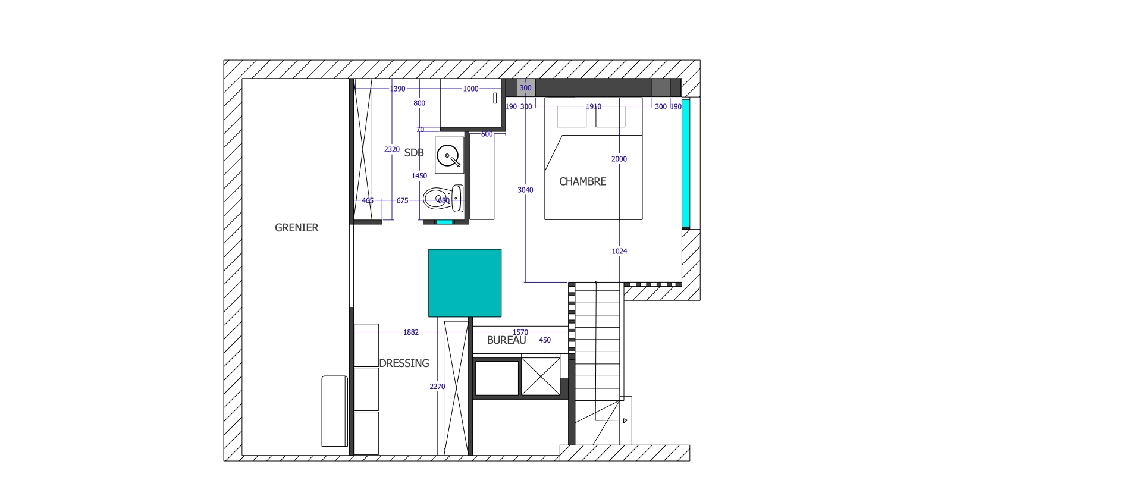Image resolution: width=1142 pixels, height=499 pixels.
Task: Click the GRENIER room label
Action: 296,228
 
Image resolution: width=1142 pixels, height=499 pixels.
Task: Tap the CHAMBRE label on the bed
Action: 582,182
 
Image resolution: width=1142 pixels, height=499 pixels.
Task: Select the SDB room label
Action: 414,153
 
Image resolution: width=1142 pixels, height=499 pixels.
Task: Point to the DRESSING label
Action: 404,363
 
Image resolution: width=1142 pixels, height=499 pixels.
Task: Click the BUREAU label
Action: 506,341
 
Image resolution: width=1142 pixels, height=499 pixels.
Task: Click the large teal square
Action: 465,283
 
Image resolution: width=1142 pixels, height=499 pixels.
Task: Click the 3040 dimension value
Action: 525,190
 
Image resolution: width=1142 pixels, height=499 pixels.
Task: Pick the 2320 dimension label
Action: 391,150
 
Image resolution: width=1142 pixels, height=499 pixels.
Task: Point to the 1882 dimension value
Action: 411,332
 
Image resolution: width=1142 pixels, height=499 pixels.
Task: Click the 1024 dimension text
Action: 619,252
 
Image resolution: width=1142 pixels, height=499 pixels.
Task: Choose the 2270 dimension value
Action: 437,387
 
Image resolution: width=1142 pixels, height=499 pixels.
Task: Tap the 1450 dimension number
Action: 419,176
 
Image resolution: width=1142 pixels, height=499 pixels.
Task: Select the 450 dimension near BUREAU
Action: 545,341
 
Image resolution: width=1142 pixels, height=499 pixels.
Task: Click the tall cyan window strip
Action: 686,164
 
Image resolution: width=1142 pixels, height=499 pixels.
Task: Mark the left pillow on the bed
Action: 571,117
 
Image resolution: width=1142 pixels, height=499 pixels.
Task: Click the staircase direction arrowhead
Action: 625,421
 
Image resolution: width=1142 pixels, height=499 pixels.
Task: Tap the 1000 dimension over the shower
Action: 470,89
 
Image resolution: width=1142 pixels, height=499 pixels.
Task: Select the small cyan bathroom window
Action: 444,222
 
